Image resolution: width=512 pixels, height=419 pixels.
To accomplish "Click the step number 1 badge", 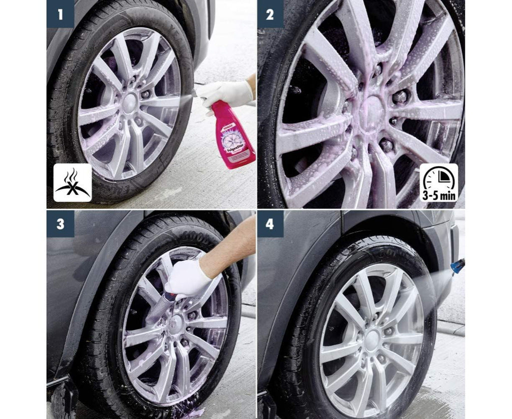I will [60, 14].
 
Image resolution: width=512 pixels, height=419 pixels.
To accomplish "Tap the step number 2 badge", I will [270, 14].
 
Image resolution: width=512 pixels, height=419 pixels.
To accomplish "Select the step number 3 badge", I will [60, 224].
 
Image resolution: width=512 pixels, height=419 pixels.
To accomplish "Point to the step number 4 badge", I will [270, 224].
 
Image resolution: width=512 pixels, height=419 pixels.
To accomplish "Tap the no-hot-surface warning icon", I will [73, 183].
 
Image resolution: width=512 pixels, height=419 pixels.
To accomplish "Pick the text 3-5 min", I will [439, 195].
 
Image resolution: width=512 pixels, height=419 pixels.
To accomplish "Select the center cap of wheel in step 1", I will [130, 100].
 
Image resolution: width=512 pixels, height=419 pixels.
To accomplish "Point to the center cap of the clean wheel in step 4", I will [371, 340].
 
